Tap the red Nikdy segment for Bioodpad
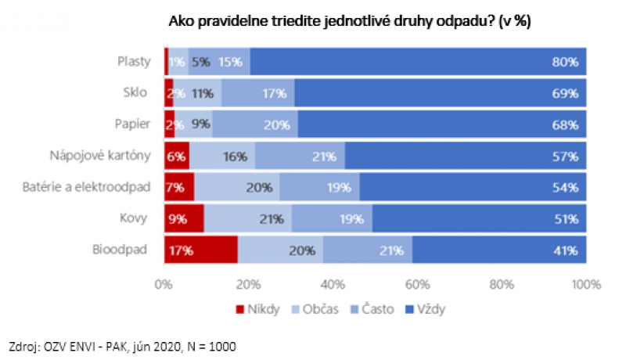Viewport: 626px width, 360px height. pos(200,250)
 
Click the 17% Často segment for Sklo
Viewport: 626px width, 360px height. pos(258,92)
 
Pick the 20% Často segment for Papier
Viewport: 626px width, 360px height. pos(255,124)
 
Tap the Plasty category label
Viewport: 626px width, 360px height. pos(133,61)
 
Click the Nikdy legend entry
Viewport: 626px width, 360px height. pos(259,308)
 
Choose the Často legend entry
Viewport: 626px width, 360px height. pos(376,308)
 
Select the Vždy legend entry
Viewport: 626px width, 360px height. pos(430,308)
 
